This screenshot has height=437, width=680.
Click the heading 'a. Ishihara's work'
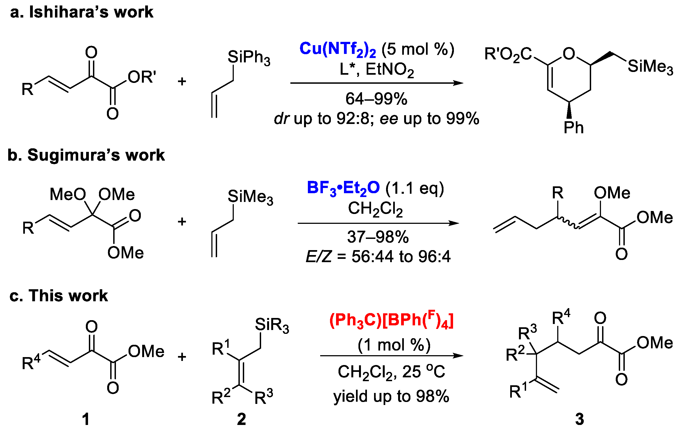point(82,13)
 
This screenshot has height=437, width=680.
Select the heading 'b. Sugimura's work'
point(86,155)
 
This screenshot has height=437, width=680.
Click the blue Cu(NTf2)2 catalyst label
point(338,49)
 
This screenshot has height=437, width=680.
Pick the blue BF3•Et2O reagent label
point(343,188)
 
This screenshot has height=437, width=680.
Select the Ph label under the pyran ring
point(573,128)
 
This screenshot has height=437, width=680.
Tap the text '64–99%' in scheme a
point(376,99)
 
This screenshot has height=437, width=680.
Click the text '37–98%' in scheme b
point(378,237)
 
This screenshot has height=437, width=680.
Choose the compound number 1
point(86,419)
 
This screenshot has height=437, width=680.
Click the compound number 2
point(241,419)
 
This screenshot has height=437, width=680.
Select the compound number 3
point(579,419)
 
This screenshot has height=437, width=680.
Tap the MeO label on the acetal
point(68,195)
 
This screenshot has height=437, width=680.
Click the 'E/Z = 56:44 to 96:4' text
point(378,257)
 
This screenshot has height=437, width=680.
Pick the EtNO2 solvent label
point(389,70)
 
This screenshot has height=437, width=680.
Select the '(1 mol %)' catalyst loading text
point(394,345)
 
